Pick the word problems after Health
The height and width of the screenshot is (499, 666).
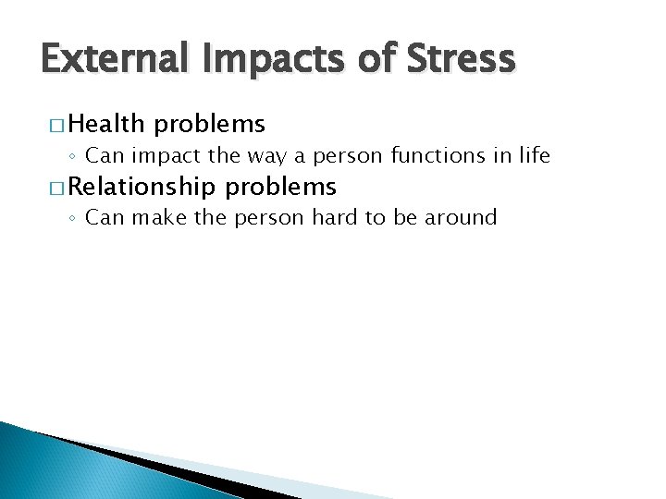211,124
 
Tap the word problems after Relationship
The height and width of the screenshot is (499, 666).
282,187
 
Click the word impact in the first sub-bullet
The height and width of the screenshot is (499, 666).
164,155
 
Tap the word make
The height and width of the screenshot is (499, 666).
160,218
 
